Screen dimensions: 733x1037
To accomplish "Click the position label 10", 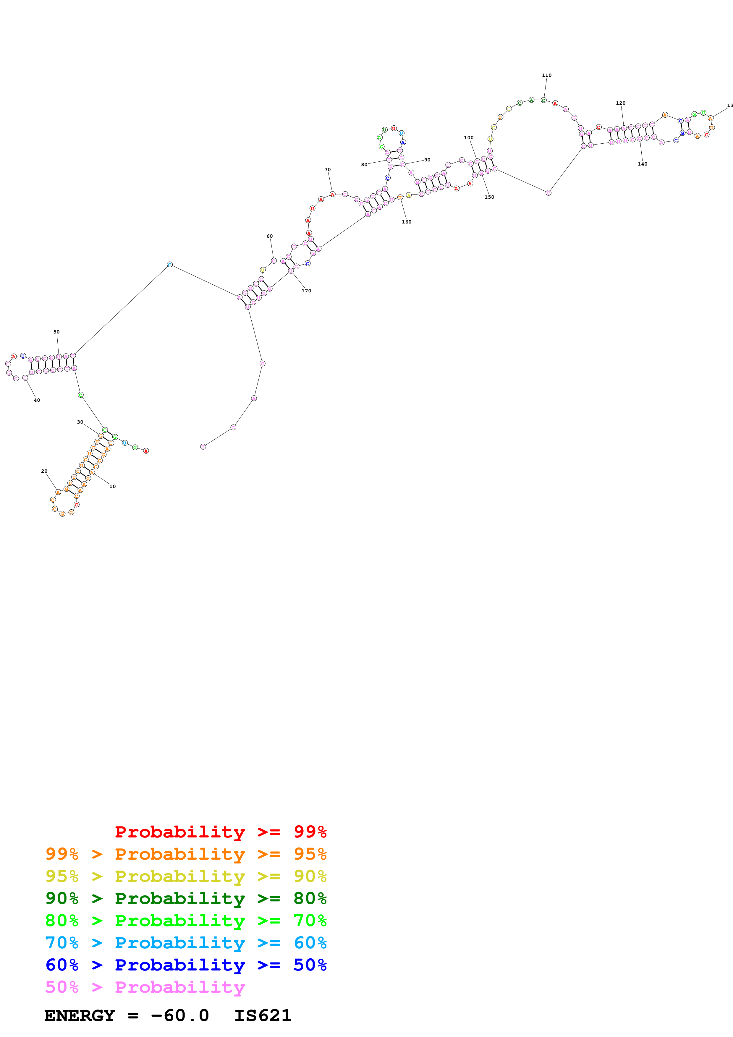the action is [x=112, y=487].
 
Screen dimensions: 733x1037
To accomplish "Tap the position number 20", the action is [x=44, y=471].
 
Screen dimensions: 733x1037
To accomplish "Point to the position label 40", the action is [x=37, y=400].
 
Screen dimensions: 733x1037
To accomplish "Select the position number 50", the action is [x=56, y=332].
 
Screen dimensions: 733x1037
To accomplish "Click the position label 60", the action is [x=270, y=236].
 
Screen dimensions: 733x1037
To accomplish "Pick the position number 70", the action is [x=327, y=170].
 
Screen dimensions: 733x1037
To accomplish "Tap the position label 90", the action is [x=427, y=160].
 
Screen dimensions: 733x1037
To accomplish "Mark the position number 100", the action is [x=469, y=138].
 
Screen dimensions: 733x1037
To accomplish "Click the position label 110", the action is [x=546, y=75].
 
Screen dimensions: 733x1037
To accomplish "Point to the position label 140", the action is [x=642, y=164].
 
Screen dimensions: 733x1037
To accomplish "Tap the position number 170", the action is [x=306, y=291].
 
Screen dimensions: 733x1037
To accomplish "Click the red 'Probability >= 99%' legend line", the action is [x=220, y=832].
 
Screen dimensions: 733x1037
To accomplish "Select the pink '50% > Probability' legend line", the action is [x=145, y=987].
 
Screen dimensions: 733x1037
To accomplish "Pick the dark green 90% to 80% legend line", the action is [x=186, y=898].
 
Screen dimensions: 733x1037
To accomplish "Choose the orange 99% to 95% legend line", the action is [x=186, y=854].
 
